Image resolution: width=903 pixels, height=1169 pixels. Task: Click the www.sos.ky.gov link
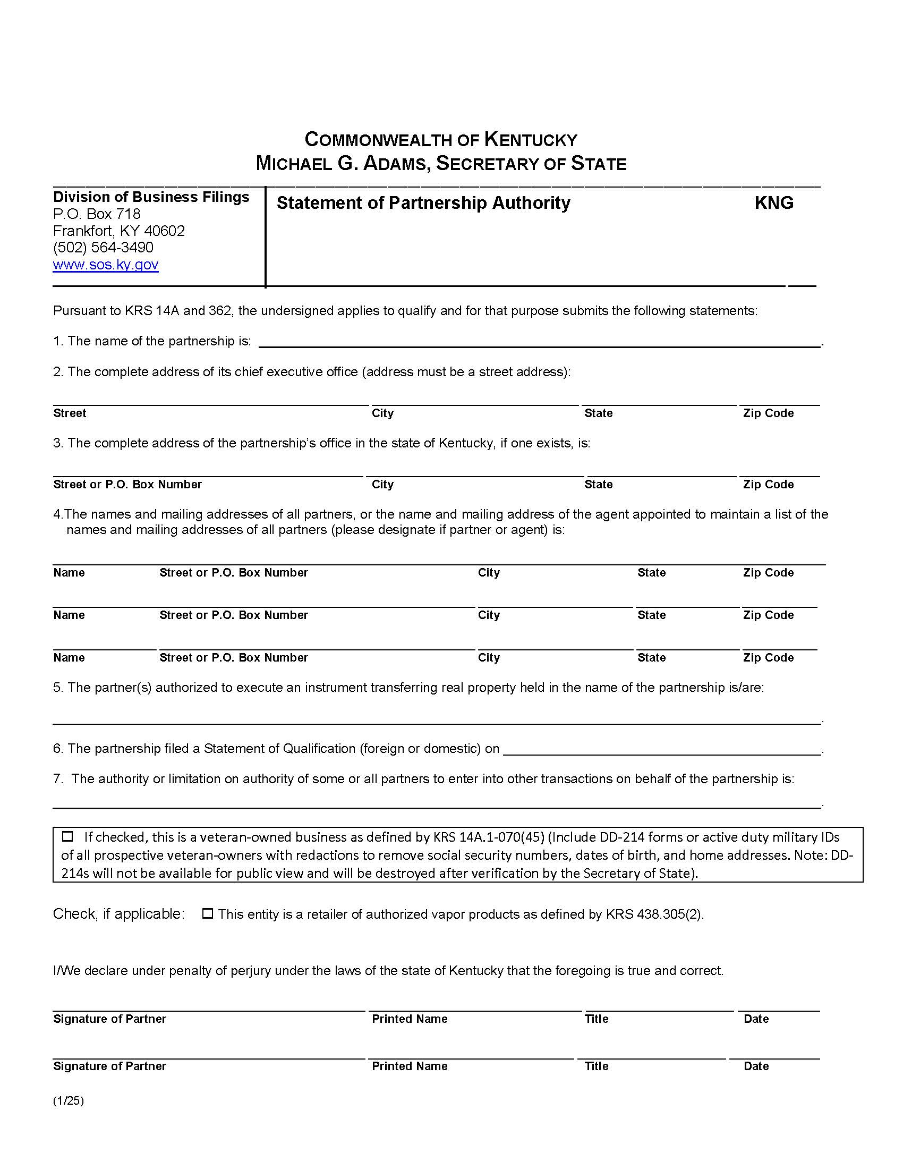105,265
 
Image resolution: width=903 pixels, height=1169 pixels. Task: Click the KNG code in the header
773,203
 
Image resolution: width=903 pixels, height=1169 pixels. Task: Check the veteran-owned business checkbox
67,836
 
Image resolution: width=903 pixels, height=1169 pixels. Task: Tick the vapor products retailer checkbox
208,914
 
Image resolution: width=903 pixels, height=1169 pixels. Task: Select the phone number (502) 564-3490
103,248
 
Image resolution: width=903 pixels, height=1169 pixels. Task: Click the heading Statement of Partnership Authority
423,203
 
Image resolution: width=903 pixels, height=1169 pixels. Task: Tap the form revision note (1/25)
69,1101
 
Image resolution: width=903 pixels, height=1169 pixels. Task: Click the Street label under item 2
70,413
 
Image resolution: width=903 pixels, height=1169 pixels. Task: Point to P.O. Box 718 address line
96,214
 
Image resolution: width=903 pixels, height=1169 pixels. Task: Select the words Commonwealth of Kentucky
441,140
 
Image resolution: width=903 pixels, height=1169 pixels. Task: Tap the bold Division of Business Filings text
151,197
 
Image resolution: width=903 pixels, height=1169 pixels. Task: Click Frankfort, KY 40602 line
119,231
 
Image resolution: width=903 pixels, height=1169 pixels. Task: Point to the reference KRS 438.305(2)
654,914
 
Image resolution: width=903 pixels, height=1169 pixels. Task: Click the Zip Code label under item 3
768,485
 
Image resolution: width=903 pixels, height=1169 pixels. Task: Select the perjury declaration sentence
388,971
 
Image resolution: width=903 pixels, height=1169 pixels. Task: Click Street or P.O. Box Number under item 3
127,485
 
